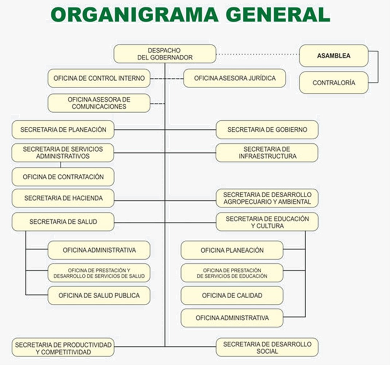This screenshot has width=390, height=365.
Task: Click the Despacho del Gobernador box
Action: pos(165,54)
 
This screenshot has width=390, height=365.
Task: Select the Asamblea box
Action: pos(334,56)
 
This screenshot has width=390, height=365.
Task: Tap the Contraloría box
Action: pos(334,83)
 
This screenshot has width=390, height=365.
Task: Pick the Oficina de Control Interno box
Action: pos(99,78)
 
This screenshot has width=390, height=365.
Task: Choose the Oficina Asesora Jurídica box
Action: pos(235,78)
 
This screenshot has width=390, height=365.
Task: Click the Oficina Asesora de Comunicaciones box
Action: pos(99,103)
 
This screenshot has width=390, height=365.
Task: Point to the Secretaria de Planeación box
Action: pos(63,129)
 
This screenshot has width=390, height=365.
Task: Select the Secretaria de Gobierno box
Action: pos(267,129)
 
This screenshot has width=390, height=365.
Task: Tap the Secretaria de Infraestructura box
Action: pos(267,152)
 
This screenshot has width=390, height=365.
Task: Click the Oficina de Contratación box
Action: pos(63,177)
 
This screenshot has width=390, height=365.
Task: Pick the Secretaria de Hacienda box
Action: pos(63,198)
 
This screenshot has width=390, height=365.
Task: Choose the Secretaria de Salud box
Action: pos(63,221)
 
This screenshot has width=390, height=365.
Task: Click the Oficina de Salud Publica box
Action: pos(99,295)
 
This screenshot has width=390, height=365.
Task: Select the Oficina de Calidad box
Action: pos(232,295)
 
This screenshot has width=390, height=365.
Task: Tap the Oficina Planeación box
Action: pos(232,250)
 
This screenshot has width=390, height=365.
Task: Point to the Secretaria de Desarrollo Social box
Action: pos(267,347)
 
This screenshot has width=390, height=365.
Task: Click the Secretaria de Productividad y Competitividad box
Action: pos(63,348)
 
